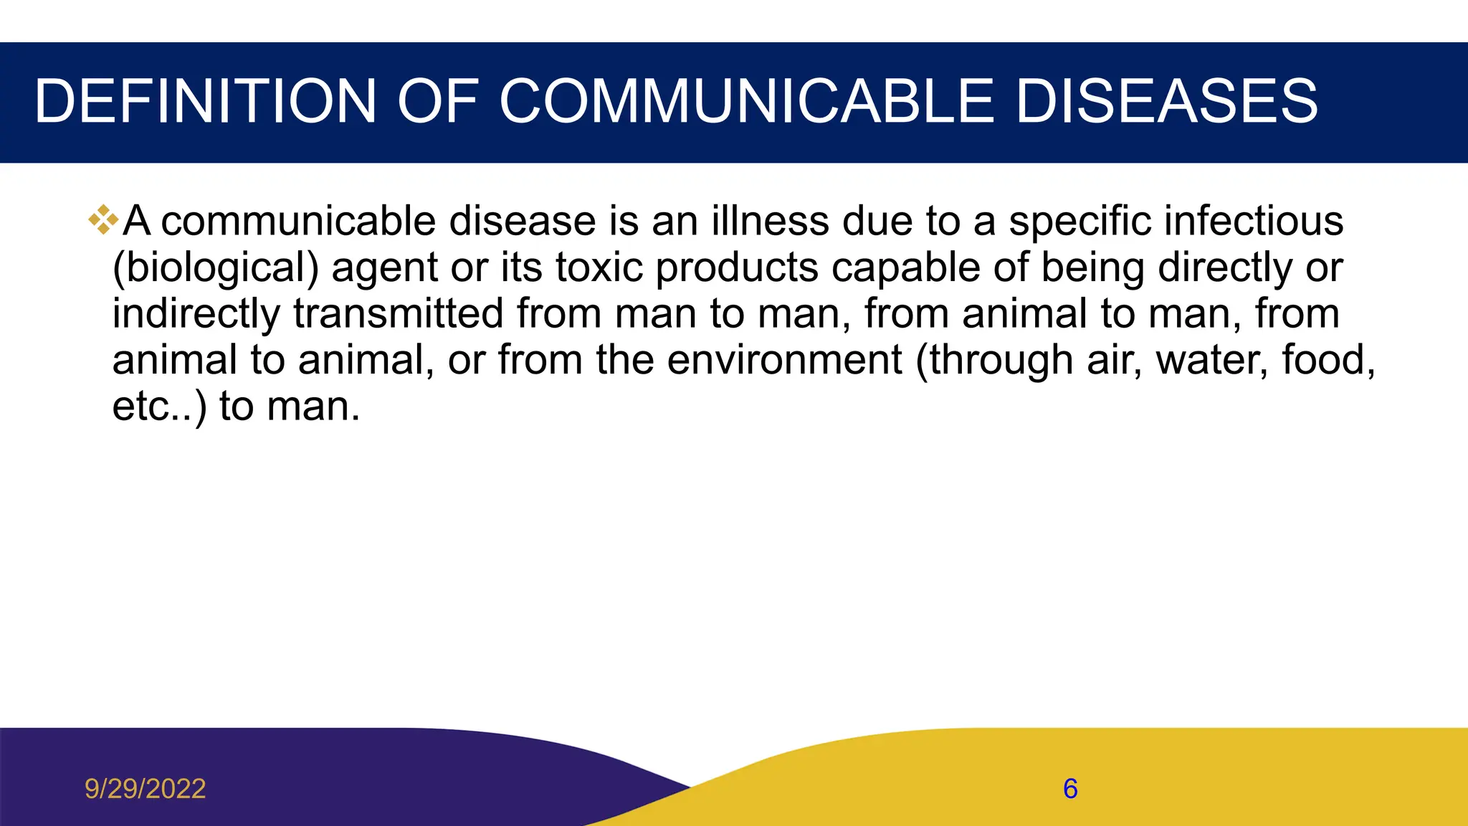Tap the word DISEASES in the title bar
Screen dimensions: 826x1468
[x=1166, y=101]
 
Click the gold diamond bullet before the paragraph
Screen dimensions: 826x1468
[x=103, y=219]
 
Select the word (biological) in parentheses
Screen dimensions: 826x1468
[x=215, y=268]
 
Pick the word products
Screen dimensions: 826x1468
[x=737, y=268]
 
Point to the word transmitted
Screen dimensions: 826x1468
[x=398, y=314]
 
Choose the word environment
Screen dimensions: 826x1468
[x=784, y=360]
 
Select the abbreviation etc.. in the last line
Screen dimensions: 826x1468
[x=154, y=407]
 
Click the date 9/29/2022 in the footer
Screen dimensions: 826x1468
[x=146, y=789]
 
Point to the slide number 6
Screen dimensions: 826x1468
[x=1070, y=789]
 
